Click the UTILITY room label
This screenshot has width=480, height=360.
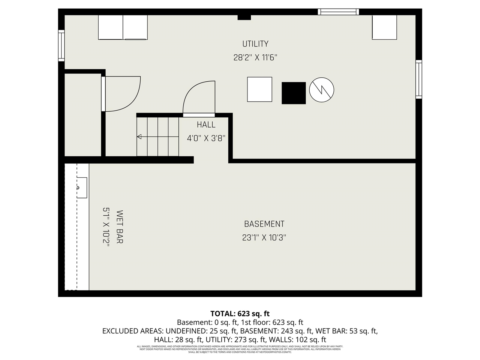tap(255, 44)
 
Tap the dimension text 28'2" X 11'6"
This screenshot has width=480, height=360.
tap(255, 58)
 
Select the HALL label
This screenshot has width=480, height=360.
tap(206, 125)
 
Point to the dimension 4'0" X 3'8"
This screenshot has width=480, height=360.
tap(206, 138)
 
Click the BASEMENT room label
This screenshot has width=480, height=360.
tap(264, 224)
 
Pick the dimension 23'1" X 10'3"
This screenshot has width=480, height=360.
tap(264, 237)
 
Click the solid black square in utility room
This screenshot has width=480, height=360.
tap(294, 93)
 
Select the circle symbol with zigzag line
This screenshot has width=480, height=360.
tap(321, 90)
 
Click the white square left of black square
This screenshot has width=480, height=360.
tap(259, 89)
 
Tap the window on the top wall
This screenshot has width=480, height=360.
tap(338, 12)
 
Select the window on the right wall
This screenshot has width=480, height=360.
tap(419, 79)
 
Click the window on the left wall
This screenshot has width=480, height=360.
tap(61, 45)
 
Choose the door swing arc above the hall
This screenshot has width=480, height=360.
tap(199, 97)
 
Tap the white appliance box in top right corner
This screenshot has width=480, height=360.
tap(384, 27)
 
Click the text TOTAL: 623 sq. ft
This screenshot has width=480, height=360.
tap(240, 313)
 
